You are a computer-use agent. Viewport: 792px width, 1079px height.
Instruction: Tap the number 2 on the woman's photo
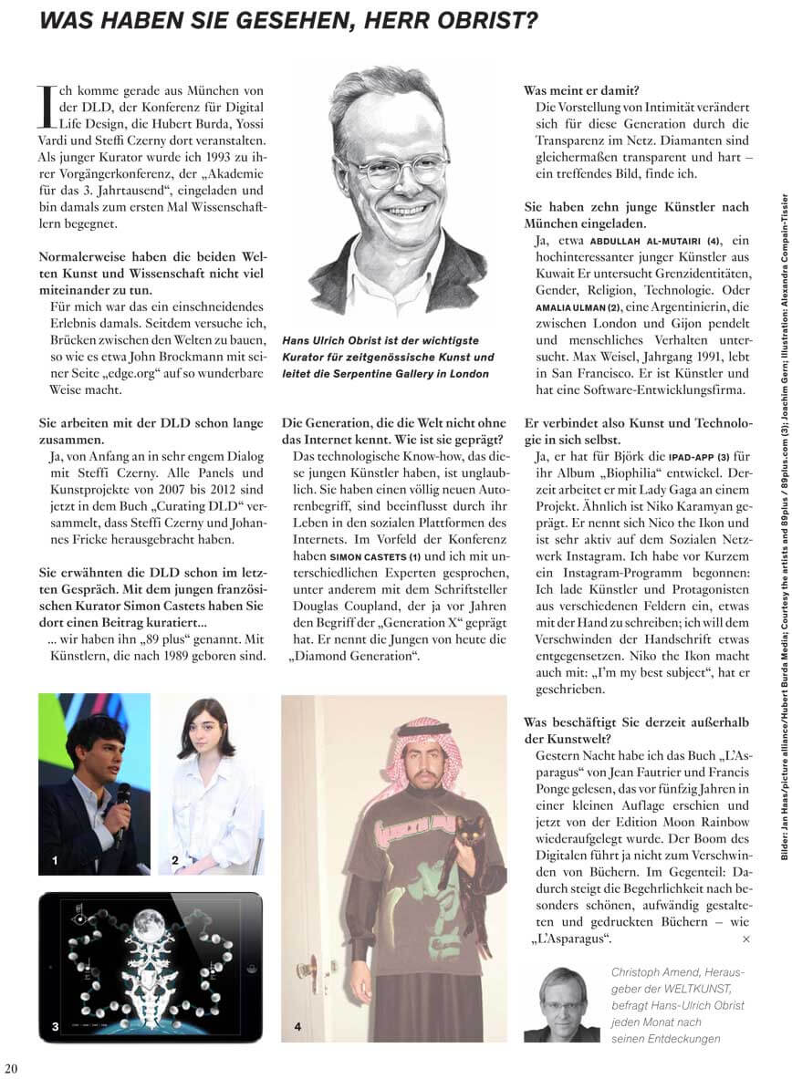pos(173,859)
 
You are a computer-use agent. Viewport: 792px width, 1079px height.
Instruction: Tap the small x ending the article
pos(745,939)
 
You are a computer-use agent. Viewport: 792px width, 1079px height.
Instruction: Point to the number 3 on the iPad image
pos(55,1027)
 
